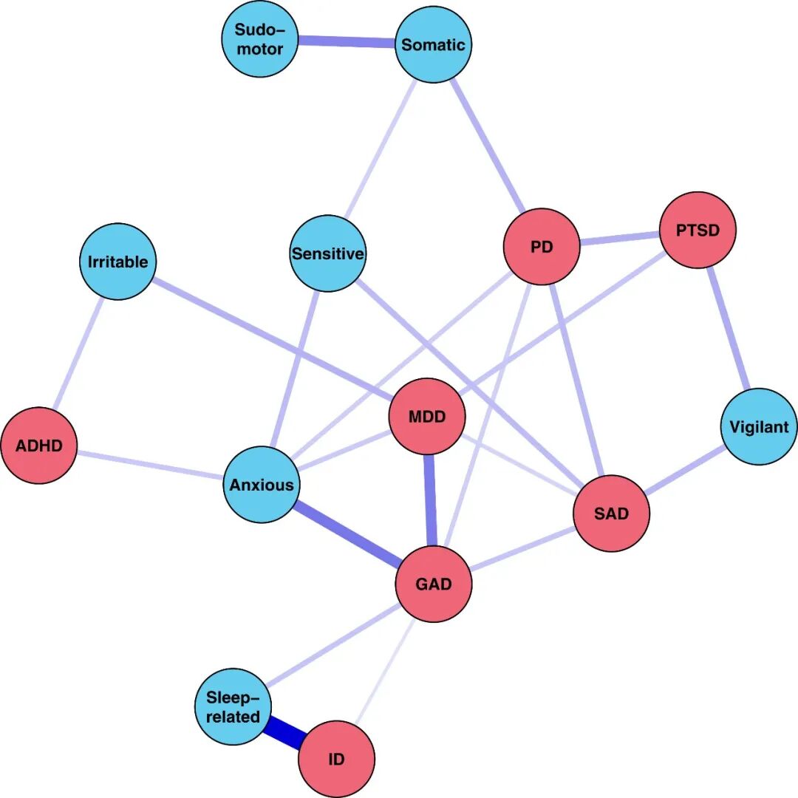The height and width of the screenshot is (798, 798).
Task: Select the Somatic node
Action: click(x=434, y=45)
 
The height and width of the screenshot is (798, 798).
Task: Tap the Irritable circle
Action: click(x=118, y=262)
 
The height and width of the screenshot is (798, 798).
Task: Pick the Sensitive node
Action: click(x=328, y=253)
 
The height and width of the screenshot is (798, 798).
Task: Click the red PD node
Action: click(x=542, y=247)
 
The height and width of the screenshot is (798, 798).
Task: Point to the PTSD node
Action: click(x=698, y=230)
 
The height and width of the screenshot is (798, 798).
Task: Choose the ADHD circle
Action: click(x=39, y=446)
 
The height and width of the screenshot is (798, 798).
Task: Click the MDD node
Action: click(x=427, y=417)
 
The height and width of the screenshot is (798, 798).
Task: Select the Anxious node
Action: click(x=262, y=485)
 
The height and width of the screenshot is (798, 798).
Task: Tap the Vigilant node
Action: click(x=759, y=426)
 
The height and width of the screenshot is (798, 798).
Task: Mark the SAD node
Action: click(x=611, y=514)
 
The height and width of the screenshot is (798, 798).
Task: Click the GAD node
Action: click(x=434, y=584)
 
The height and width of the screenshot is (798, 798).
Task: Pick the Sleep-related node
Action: click(x=233, y=707)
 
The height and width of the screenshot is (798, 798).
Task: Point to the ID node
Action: click(x=336, y=759)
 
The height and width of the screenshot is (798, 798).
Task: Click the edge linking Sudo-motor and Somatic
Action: click(x=346, y=42)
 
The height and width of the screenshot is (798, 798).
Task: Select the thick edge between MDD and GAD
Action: click(x=430, y=501)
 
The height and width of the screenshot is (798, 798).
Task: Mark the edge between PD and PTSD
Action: click(x=619, y=239)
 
